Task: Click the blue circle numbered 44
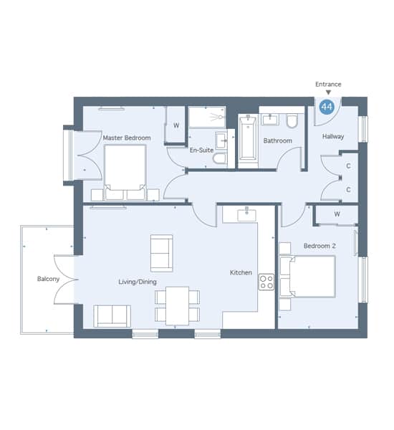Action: [327, 107]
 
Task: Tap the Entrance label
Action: [328, 84]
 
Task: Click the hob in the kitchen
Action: [266, 282]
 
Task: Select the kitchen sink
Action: [246, 215]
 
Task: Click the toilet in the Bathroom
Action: [292, 121]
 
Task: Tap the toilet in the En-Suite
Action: [221, 159]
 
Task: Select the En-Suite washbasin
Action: [221, 140]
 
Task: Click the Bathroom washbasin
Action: [270, 120]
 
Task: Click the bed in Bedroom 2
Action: [307, 277]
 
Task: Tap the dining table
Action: [177, 305]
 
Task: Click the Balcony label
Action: [48, 279]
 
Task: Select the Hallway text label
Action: [333, 136]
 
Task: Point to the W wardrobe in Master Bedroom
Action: [176, 125]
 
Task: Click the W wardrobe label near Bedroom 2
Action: [337, 214]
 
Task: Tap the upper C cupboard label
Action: [348, 166]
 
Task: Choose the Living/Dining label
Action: [138, 282]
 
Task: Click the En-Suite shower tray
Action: [207, 117]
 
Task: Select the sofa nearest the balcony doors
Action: [112, 316]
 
